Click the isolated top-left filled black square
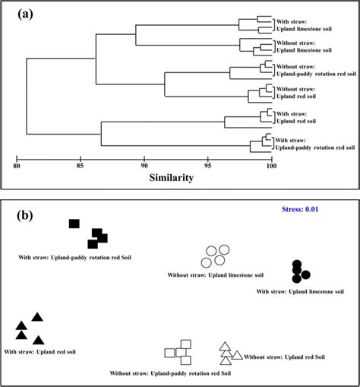click(x=74, y=224)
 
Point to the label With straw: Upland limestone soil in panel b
click(x=300, y=291)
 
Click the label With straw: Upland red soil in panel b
click(x=39, y=351)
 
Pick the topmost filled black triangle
click(x=37, y=317)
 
